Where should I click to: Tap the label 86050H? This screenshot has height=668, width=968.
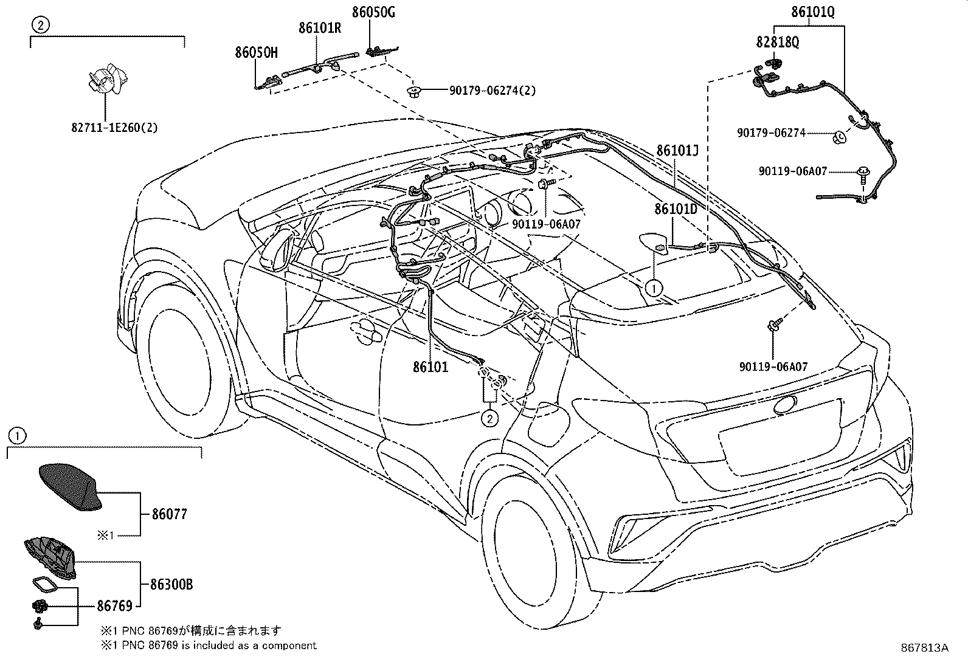pos(256,52)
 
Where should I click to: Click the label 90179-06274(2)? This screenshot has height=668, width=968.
pos(493,91)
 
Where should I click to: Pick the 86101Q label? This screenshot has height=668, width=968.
pos(812,12)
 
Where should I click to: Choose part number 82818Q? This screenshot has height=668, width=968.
pos(778,41)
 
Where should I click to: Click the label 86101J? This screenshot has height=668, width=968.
pos(677,150)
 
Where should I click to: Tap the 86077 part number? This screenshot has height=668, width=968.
pos(169,514)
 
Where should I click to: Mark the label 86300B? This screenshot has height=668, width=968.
pos(171,585)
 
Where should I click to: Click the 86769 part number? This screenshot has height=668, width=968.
pos(114,605)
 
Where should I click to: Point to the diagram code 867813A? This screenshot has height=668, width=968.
pos(924,647)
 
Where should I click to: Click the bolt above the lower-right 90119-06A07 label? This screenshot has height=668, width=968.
pos(774,326)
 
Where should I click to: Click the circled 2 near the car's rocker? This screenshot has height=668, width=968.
pos(490,418)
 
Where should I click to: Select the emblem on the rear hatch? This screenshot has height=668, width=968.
pos(785,404)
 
